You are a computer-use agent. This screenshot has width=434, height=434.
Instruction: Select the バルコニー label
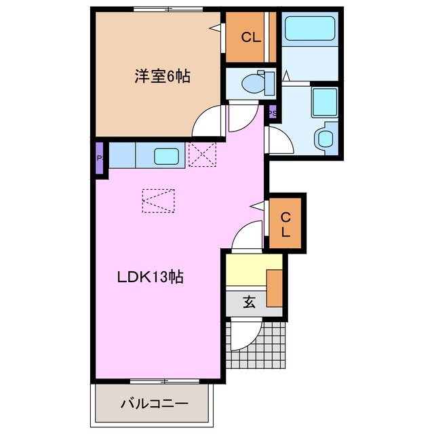click(x=155, y=404)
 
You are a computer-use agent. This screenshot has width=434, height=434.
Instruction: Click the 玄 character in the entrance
click(x=249, y=303)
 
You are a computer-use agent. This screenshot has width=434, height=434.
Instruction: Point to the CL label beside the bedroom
click(x=250, y=38)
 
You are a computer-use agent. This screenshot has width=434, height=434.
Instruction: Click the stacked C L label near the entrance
click(x=285, y=224)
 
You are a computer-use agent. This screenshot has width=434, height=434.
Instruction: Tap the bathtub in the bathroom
click(x=311, y=30)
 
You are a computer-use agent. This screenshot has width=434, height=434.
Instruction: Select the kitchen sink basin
click(x=167, y=156)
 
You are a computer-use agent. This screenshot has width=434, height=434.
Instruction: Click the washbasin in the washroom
click(x=325, y=138)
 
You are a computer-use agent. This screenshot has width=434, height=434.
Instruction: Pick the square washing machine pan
click(x=324, y=102)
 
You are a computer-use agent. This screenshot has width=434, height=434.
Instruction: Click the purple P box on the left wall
click(x=100, y=159)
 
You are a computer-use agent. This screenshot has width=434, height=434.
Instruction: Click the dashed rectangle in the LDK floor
click(x=158, y=200)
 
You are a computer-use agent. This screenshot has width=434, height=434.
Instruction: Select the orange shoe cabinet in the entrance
click(x=275, y=288)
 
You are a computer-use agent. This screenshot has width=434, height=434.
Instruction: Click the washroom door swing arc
click(x=279, y=140)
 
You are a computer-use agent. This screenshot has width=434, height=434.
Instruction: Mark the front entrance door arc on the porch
click(x=243, y=337)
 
